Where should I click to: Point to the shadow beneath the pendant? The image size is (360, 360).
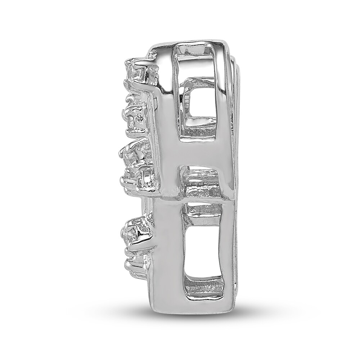191,317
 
